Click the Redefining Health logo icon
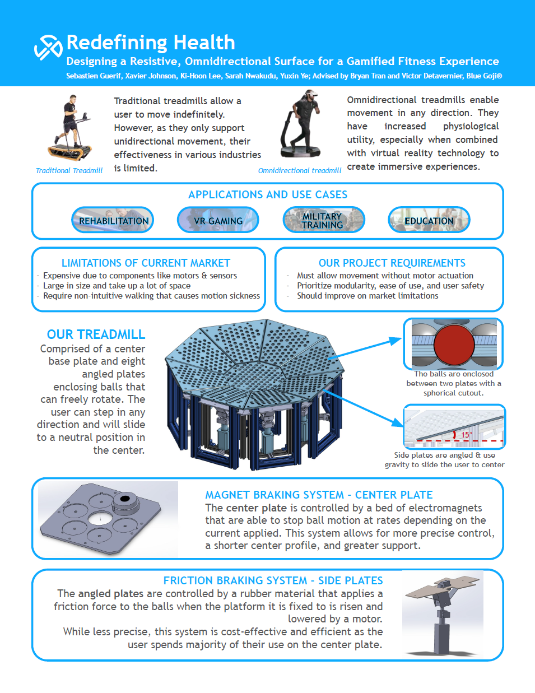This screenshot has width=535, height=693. click(x=48, y=46)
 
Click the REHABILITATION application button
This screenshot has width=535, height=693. click(x=113, y=220)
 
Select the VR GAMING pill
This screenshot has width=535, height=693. click(x=218, y=220)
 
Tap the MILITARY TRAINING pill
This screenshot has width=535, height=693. click(x=323, y=220)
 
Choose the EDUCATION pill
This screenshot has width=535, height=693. click(x=429, y=220)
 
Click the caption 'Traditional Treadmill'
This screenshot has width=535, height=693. click(x=69, y=170)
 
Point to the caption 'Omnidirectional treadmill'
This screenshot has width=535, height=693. click(x=299, y=170)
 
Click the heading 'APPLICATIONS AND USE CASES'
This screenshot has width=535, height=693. click(x=268, y=194)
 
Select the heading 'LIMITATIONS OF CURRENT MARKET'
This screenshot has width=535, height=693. click(x=146, y=263)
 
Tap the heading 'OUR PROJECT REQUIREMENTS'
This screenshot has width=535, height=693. click(x=392, y=263)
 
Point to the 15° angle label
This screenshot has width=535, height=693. click(x=466, y=435)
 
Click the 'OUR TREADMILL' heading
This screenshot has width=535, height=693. click(x=96, y=334)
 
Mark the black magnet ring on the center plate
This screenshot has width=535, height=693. click(x=125, y=499)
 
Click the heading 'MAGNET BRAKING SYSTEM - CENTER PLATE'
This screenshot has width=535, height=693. click(x=319, y=495)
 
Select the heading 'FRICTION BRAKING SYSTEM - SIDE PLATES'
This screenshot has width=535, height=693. click(x=273, y=580)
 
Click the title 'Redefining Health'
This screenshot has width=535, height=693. click(x=151, y=42)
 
